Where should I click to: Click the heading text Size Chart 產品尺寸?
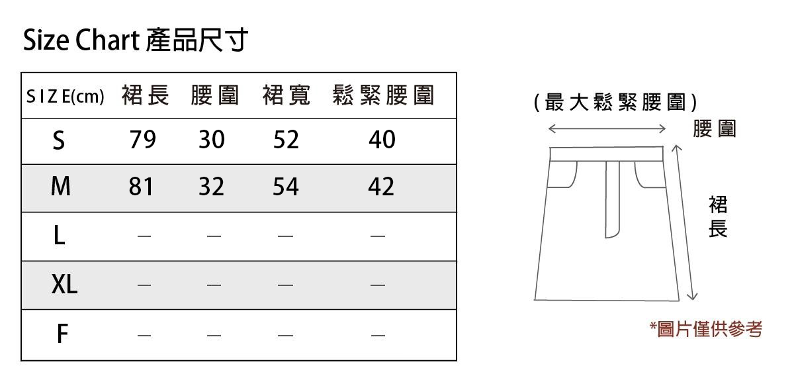(136, 41)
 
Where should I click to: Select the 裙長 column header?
(146, 96)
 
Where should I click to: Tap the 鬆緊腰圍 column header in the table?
(383, 96)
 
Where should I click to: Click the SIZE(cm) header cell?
(65, 97)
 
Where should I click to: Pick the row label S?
(59, 140)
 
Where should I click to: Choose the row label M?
(60, 187)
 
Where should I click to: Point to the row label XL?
(64, 285)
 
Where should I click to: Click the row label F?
(62, 334)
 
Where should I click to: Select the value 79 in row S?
(143, 140)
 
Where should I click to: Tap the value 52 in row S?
(286, 140)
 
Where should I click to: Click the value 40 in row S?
(382, 140)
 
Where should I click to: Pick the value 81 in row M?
(141, 187)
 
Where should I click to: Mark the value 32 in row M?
(212, 187)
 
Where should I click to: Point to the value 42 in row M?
(381, 187)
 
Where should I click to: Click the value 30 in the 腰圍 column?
(212, 140)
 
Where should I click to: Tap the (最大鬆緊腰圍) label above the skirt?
(615, 103)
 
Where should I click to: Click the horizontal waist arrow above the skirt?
(607, 128)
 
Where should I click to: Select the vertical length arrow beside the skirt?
(685, 222)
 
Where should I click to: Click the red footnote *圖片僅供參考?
(706, 329)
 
